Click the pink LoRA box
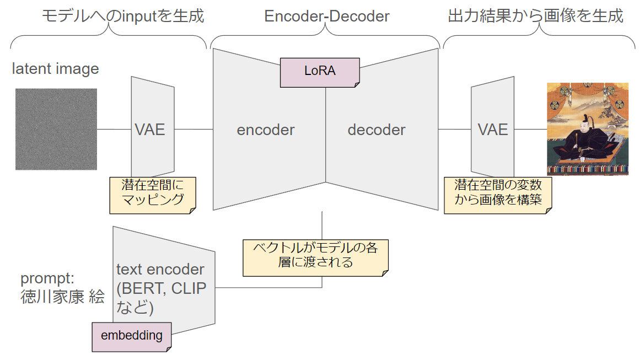click(x=320, y=72)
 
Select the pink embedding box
click(x=131, y=335)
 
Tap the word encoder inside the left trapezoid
click(x=266, y=130)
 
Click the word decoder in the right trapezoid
click(x=377, y=130)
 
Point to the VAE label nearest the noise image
click(x=150, y=130)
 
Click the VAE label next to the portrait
click(x=492, y=130)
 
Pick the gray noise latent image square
click(x=56, y=129)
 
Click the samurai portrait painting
click(x=587, y=129)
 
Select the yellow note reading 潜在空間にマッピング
click(x=153, y=194)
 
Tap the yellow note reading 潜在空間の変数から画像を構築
click(x=498, y=194)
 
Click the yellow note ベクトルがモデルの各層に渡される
click(x=315, y=256)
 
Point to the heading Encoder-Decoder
click(x=326, y=17)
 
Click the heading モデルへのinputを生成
click(x=123, y=16)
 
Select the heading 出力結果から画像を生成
click(x=535, y=16)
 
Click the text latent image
click(x=56, y=69)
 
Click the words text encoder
click(x=160, y=270)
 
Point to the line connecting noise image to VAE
click(x=114, y=130)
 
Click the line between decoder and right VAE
click(x=454, y=130)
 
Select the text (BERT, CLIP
click(x=161, y=288)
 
